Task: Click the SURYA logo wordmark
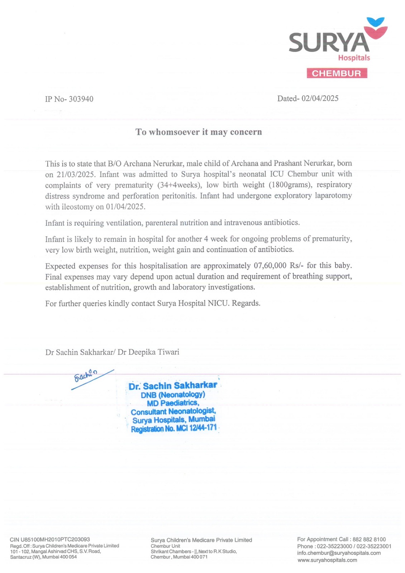tap(329, 43)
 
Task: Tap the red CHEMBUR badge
tap(337, 73)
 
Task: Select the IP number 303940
tap(81, 99)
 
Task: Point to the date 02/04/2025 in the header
tap(320, 98)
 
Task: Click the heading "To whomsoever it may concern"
tap(199, 132)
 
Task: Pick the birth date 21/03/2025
tap(75, 175)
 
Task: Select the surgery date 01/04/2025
tap(125, 207)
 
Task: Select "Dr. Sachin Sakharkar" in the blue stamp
tap(173, 386)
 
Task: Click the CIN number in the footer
tap(50, 539)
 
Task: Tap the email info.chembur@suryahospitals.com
tap(339, 553)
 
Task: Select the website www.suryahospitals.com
tap(327, 560)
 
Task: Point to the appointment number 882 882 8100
tap(369, 539)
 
